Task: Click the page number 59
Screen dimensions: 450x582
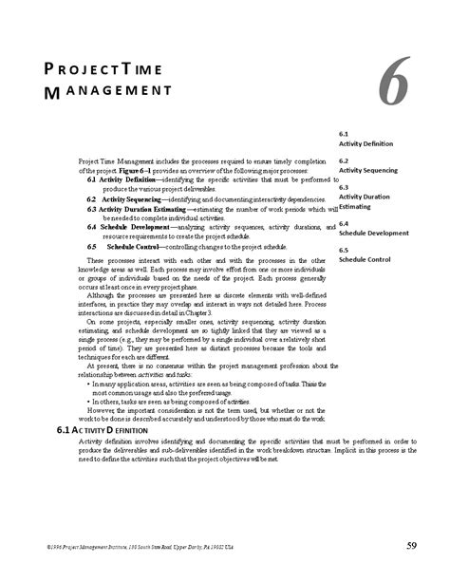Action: [412, 545]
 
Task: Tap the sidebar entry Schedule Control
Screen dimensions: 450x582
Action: [365, 258]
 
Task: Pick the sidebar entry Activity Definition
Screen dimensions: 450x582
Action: [366, 143]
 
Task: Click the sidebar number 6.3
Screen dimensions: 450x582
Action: [345, 187]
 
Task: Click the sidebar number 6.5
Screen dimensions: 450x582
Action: [345, 250]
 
